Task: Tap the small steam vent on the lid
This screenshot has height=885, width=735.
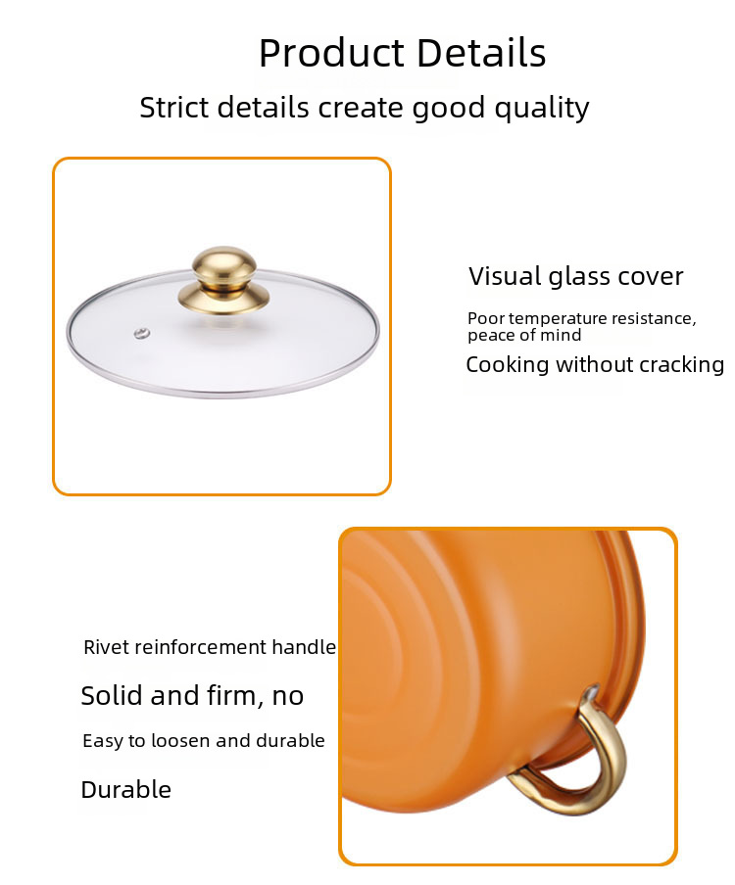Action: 142,334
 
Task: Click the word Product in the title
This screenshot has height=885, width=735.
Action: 331,53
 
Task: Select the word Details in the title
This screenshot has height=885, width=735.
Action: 481,53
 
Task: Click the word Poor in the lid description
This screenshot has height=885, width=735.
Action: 486,318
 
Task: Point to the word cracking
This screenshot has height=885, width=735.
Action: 682,364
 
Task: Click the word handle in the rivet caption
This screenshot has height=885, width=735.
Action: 304,647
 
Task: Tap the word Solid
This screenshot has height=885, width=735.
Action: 113,695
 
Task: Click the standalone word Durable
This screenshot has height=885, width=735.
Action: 126,790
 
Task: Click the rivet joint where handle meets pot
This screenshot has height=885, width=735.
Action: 590,694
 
